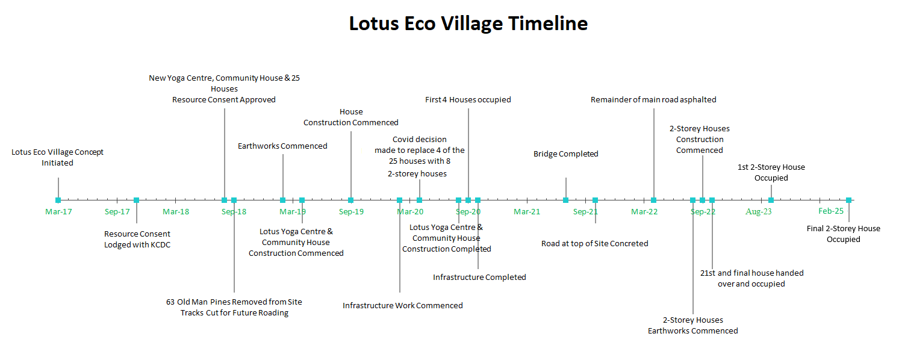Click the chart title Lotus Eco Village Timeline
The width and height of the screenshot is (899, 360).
[x=468, y=23]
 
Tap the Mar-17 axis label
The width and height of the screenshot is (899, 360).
[x=58, y=211]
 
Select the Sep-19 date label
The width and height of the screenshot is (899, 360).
[x=351, y=211]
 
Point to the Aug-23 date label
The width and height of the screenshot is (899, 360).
[x=758, y=211]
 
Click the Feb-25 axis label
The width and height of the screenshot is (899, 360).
[x=831, y=211]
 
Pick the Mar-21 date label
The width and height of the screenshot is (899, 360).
[x=527, y=211]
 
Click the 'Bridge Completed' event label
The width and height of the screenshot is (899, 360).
[x=566, y=154]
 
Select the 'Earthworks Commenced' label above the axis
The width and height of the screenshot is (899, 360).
[x=282, y=146]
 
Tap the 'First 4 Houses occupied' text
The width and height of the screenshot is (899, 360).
[x=468, y=100]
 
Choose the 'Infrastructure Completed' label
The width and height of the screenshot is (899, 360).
[x=479, y=278]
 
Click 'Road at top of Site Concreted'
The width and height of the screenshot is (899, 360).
[x=595, y=244]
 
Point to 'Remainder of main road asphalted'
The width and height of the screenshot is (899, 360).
[x=653, y=100]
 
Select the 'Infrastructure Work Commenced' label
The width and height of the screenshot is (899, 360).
[x=403, y=306]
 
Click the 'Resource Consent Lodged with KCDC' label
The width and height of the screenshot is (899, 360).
[x=137, y=239]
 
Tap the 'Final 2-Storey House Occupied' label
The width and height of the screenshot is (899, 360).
[x=843, y=234]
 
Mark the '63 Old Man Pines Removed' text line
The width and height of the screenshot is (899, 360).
[x=234, y=302]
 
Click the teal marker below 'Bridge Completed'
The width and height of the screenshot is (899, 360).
[x=566, y=200]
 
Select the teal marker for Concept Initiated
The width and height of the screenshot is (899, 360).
[x=58, y=200]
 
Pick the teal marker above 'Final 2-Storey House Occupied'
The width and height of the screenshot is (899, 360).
[x=848, y=200]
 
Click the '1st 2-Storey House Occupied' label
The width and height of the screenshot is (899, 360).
[x=771, y=173]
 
